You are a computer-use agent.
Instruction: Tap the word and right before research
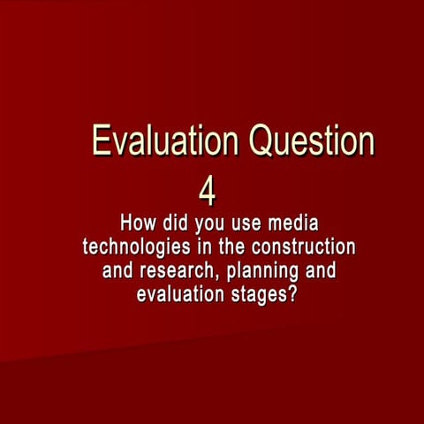pyautogui.click(x=119, y=269)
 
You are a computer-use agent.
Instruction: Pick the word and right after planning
pyautogui.click(x=319, y=269)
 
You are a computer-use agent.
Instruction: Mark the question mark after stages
pyautogui.click(x=291, y=294)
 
